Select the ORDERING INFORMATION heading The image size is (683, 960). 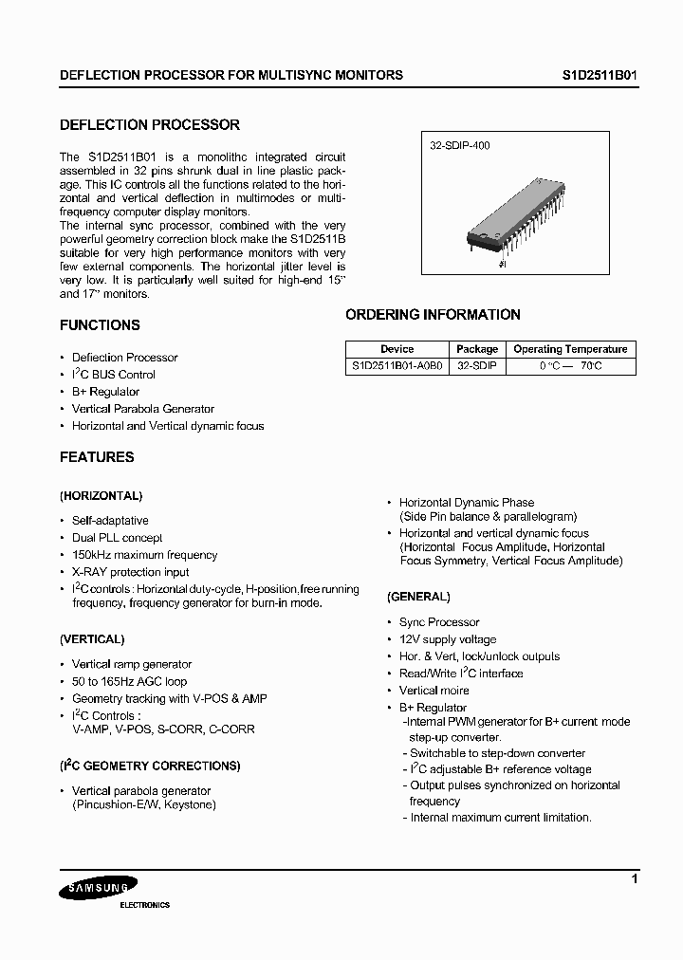coord(433,315)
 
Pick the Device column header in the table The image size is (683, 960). coord(397,349)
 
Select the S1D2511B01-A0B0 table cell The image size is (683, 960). coord(397,365)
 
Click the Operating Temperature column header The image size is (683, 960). coord(570,349)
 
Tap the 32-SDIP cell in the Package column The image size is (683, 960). coord(476,365)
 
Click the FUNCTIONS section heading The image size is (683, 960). coord(100,325)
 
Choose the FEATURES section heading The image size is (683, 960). coord(97,457)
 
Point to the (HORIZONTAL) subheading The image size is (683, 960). coord(102,496)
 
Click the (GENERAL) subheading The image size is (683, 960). coord(418,597)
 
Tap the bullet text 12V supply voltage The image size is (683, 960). coord(447,639)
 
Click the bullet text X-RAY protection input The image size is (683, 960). coord(130,572)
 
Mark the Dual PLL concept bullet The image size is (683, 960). coord(117,538)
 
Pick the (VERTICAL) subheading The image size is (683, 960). coord(92,639)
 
